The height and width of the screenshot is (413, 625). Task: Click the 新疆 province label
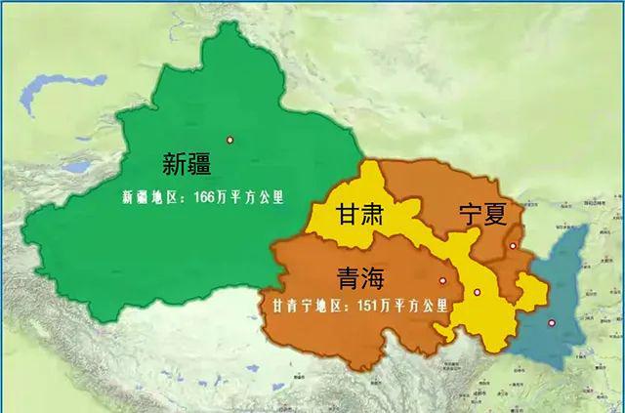tap(187, 163)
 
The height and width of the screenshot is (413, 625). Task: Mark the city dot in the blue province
tap(552, 324)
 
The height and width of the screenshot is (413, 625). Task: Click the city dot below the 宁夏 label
tap(512, 246)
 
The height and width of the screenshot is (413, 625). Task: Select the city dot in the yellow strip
tap(477, 293)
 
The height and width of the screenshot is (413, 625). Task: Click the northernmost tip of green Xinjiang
tap(227, 24)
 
